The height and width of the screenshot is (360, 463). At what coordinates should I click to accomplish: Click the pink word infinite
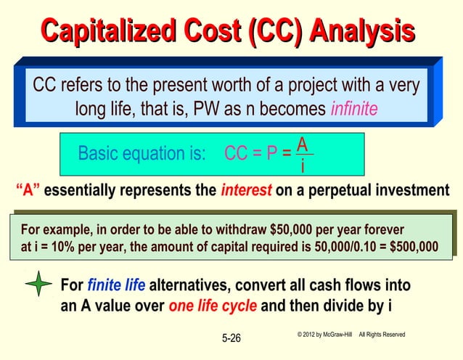click(354, 110)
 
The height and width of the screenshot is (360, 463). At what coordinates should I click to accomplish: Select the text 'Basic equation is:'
click(142, 154)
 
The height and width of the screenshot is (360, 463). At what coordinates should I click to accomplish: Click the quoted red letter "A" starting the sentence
click(28, 191)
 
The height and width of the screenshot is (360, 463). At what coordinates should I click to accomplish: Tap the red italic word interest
click(245, 191)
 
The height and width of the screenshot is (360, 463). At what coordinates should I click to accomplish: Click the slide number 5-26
click(231, 338)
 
